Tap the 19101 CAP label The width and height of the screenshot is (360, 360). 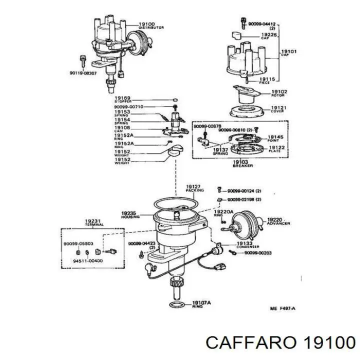[288, 52]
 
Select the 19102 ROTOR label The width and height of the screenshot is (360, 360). [279, 93]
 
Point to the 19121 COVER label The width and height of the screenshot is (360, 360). [278, 109]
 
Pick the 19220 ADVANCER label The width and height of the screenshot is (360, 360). [278, 221]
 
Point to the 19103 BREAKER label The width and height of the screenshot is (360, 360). [240, 163]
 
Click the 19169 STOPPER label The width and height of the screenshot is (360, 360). [122, 99]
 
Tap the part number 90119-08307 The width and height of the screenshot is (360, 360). [82, 73]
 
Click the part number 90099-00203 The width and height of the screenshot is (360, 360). [259, 253]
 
